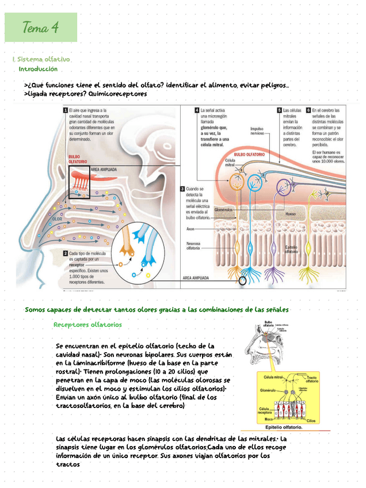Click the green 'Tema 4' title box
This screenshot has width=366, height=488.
coord(40,27)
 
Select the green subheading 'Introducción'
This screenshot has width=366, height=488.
coord(38,69)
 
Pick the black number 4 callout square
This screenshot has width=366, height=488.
coord(197,110)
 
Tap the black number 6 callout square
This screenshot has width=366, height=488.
coord(308,110)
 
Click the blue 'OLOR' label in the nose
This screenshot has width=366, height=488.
coord(57,219)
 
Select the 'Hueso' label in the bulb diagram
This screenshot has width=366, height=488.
coord(291,213)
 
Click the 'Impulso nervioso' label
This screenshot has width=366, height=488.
coord(257,131)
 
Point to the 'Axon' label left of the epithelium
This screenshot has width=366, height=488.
coord(190,228)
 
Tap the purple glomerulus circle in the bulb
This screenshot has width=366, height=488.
coord(283,186)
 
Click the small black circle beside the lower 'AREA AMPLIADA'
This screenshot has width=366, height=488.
coord(243,281)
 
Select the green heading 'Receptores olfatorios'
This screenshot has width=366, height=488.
coord(87,325)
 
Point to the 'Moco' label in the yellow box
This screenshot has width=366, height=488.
coord(269,420)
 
